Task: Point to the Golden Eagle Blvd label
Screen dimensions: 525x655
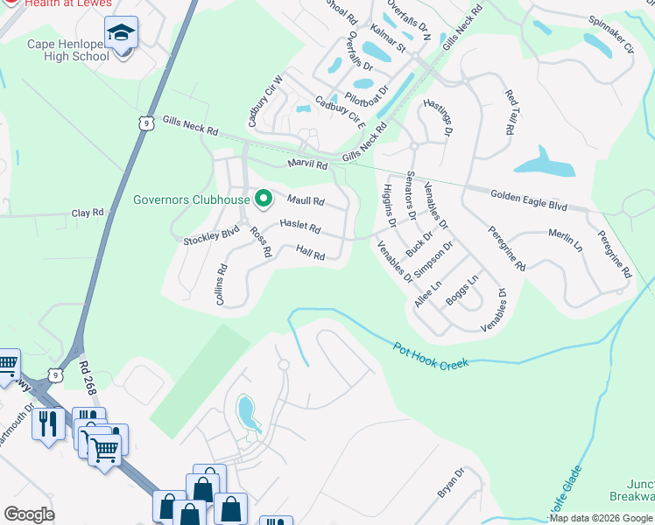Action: [x=528, y=200]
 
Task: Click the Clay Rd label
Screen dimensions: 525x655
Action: [x=88, y=213]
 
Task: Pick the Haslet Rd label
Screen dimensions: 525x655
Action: [x=299, y=227]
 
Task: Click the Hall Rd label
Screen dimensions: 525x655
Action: [x=310, y=253]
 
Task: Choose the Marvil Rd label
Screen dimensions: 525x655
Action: [x=307, y=165]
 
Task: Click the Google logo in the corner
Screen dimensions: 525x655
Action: [x=29, y=514]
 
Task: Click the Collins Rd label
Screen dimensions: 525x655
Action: [x=221, y=285]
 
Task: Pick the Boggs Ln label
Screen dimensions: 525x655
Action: [x=461, y=292]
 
